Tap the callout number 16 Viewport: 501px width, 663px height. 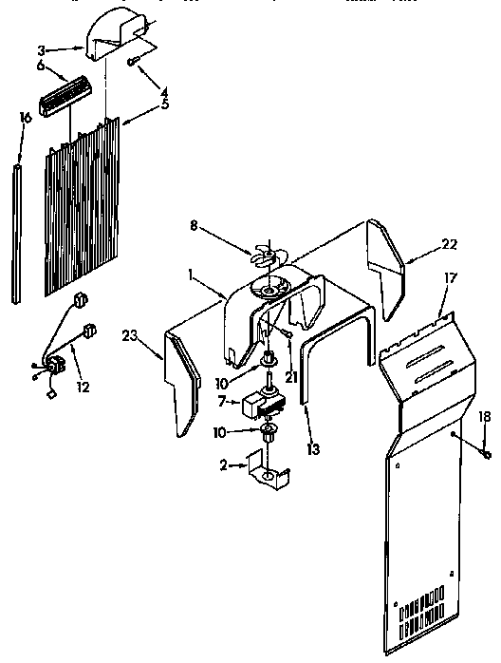coord(26,117)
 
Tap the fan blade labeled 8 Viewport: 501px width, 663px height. coord(269,258)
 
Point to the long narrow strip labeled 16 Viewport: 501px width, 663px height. coord(18,233)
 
